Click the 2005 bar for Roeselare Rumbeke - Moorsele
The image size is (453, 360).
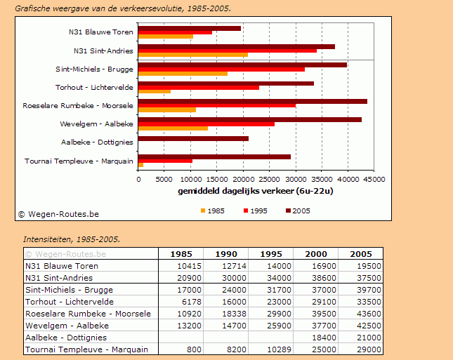253,102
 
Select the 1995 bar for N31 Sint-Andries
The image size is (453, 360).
227,51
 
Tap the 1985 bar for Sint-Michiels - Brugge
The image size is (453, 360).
183,73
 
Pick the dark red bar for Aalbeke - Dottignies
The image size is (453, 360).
193,139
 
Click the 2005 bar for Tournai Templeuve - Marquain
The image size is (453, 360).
214,156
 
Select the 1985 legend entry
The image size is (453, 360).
212,211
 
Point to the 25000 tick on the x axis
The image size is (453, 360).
269,180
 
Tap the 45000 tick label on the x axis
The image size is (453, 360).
374,180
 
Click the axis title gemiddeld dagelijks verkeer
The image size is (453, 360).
255,191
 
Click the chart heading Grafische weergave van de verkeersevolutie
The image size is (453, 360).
123,8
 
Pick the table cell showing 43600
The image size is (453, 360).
360,314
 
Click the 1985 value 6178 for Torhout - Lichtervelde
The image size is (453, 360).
180,302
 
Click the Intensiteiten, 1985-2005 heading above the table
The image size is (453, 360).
72,239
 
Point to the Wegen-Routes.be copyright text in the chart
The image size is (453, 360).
59,214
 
